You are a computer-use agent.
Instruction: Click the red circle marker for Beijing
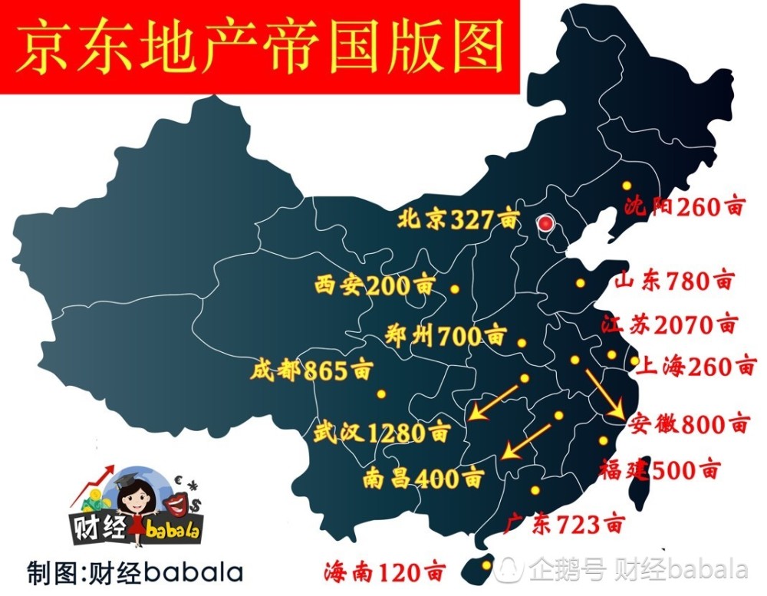(x=545, y=224)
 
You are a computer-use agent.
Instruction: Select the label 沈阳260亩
(x=685, y=206)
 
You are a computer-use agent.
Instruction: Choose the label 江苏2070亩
(x=669, y=324)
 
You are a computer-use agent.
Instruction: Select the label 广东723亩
(x=564, y=525)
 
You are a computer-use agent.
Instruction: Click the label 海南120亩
(x=384, y=571)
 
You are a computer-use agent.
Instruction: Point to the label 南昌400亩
(x=423, y=479)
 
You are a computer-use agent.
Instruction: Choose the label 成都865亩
(x=311, y=372)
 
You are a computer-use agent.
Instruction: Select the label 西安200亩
(x=374, y=286)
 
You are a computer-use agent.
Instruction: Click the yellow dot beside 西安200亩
(x=455, y=290)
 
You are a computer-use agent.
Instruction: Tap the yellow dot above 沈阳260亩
(x=627, y=186)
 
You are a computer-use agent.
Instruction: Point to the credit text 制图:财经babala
(x=135, y=572)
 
